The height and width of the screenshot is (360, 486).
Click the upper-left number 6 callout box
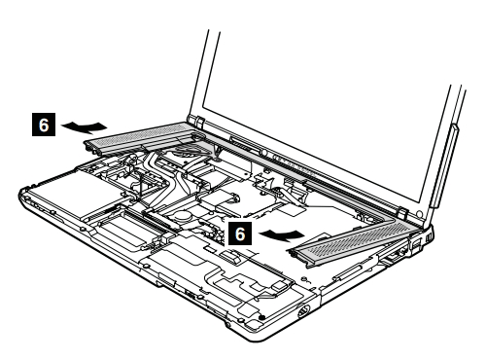click(44, 125)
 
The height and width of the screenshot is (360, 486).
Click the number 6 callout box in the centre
click(240, 234)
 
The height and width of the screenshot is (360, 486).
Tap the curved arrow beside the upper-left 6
click(85, 126)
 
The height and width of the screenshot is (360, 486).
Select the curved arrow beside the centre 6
click(283, 234)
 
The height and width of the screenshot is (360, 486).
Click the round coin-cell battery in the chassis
click(184, 214)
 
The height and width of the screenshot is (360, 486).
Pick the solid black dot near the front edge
click(262, 317)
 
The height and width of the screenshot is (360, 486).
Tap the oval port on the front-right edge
click(303, 312)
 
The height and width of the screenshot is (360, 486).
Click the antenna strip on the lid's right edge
click(443, 165)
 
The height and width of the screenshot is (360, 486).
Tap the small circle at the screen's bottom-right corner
click(420, 214)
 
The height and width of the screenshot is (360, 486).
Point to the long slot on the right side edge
click(348, 271)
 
